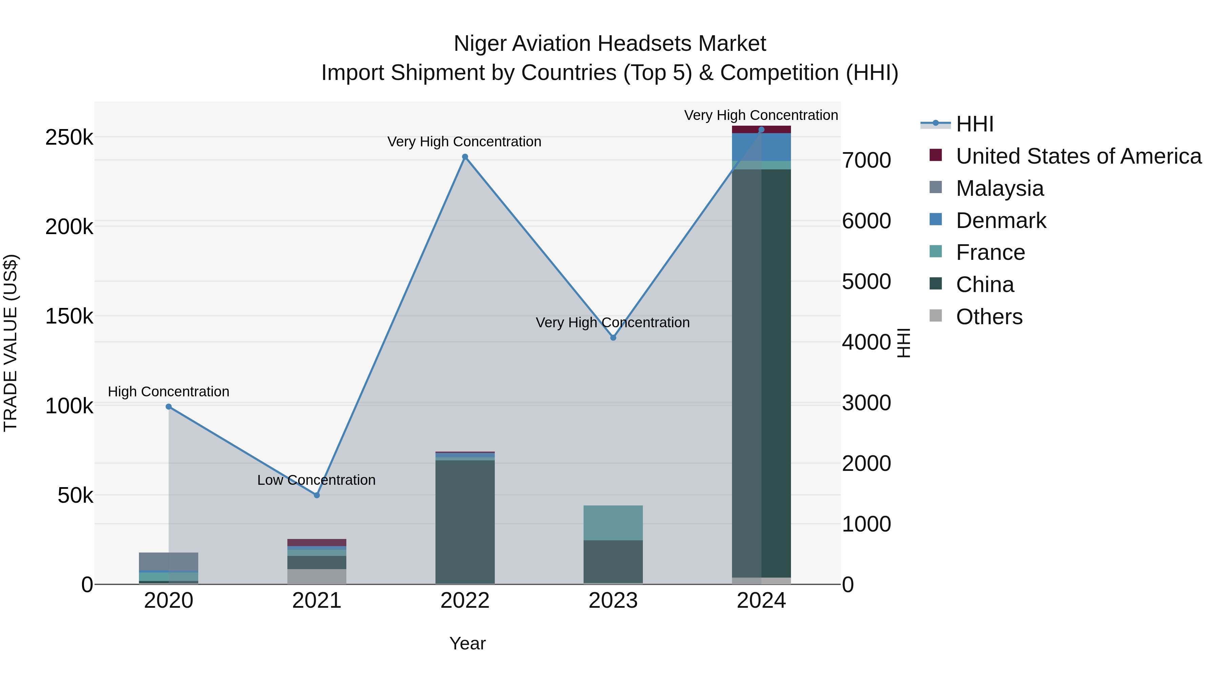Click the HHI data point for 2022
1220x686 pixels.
click(x=465, y=157)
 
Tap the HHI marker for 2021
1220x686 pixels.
click(x=317, y=495)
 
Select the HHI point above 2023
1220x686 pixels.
click(x=613, y=337)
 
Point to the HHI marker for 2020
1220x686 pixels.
click(x=169, y=407)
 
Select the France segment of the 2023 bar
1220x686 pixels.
click(x=613, y=523)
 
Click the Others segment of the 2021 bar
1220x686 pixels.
click(x=317, y=576)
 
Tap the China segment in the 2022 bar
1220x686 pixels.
click(x=465, y=521)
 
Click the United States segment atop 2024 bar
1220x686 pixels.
click(x=761, y=129)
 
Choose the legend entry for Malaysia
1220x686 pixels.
click(x=999, y=188)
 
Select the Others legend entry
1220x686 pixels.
click(x=989, y=317)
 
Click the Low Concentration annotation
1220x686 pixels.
click(x=317, y=480)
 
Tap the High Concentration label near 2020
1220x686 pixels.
click(x=169, y=392)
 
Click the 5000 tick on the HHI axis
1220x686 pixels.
click(x=866, y=282)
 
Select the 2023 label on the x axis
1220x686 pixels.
click(x=613, y=601)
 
